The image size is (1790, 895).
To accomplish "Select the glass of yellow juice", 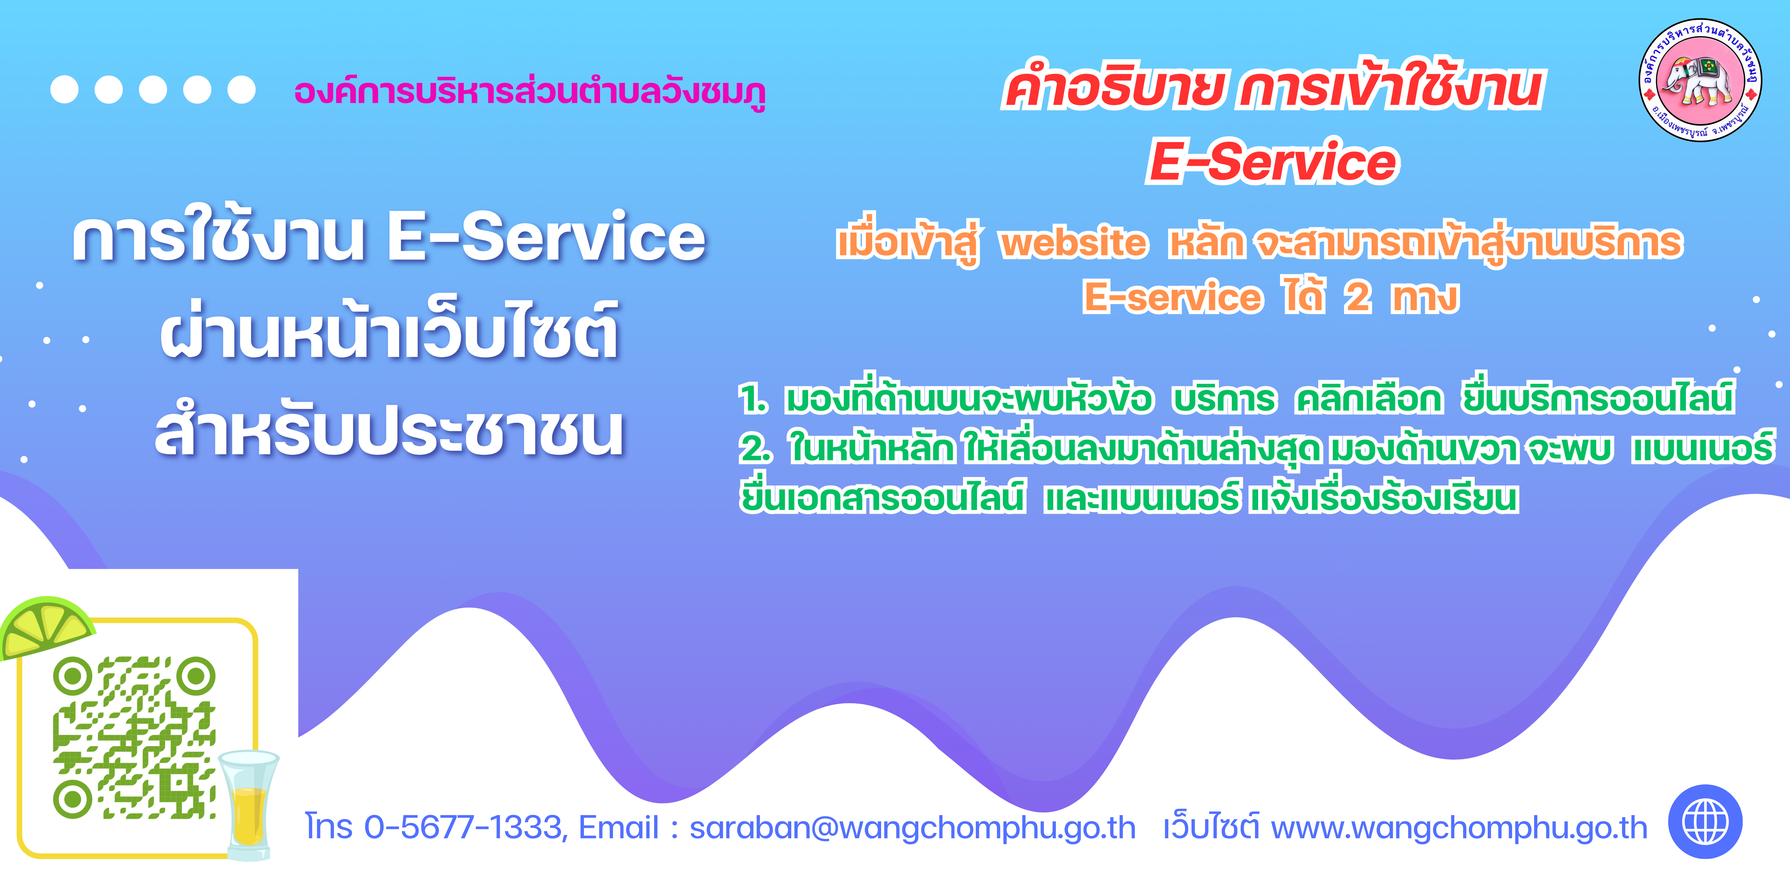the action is coord(248,805).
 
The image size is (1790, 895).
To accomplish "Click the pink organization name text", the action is coord(529,92).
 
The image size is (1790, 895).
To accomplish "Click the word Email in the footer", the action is coord(618,827).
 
